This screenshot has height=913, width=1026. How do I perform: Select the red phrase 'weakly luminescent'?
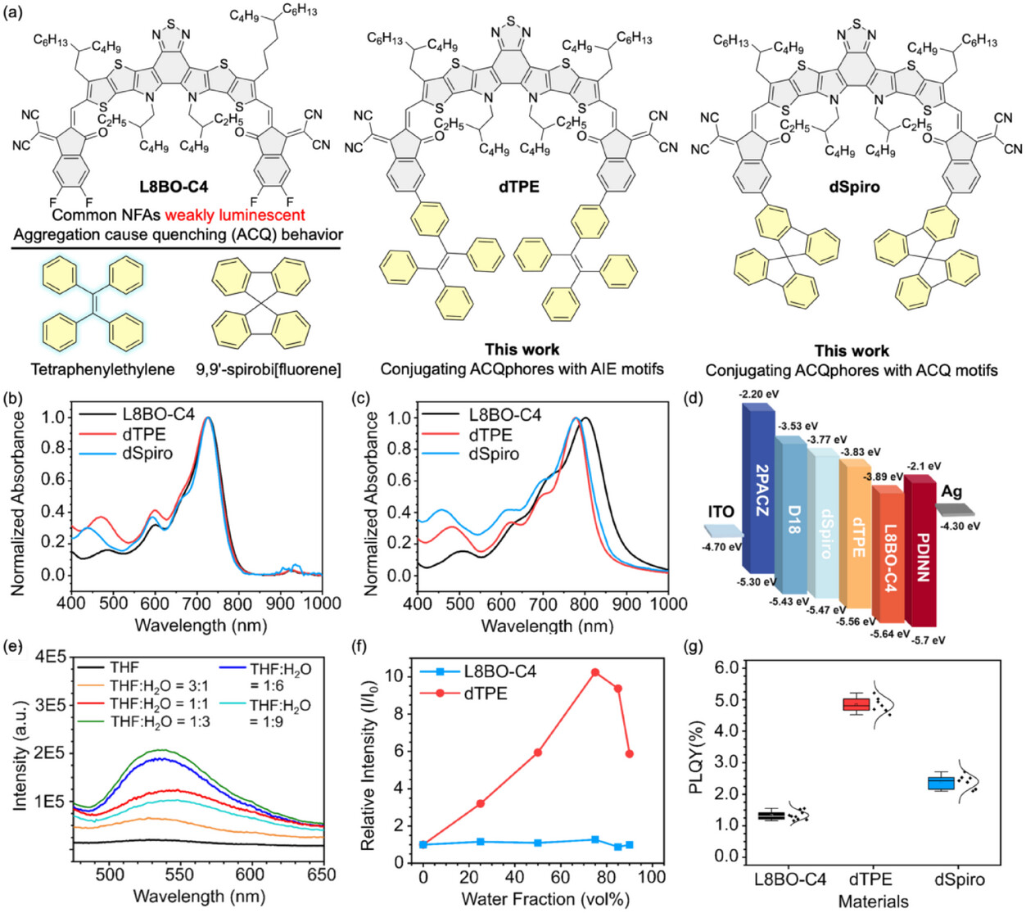click(x=235, y=215)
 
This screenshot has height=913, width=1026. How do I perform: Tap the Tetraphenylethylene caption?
click(x=102, y=369)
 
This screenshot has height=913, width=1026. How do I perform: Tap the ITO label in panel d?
click(x=721, y=512)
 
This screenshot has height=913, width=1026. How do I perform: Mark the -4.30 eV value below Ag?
click(x=960, y=527)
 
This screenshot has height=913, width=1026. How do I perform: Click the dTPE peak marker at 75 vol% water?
click(x=595, y=672)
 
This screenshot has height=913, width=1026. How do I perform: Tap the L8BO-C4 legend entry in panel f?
click(x=499, y=672)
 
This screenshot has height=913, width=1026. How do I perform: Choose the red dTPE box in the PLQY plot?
click(x=857, y=704)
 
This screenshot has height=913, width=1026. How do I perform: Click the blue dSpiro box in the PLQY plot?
click(x=940, y=783)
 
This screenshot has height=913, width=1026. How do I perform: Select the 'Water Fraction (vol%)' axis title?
click(x=545, y=899)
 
